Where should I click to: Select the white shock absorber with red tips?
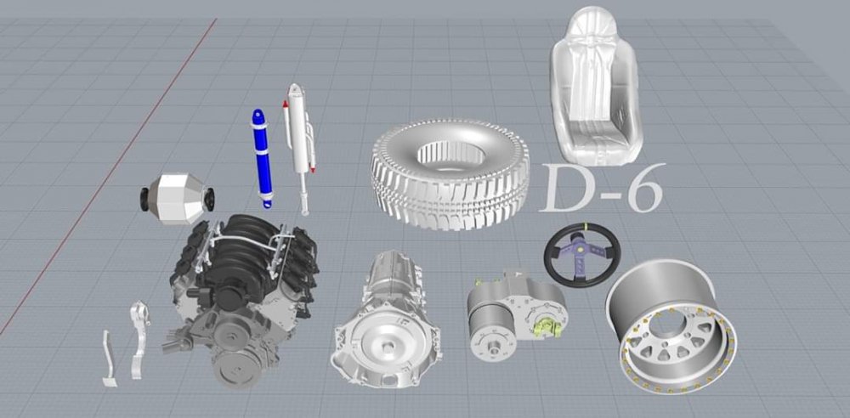tap(297, 146)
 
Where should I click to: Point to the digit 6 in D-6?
tap(644, 189)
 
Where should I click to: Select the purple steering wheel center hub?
tap(583, 254)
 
